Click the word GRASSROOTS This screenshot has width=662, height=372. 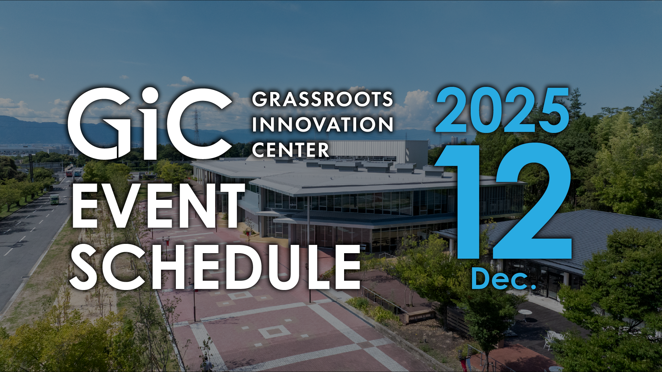click(x=322, y=99)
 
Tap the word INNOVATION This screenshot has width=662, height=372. click(x=322, y=124)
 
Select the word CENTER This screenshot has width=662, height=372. click(x=291, y=150)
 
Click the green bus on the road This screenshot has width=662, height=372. click(x=54, y=199)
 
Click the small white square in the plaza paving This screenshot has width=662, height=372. click(x=274, y=332)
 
